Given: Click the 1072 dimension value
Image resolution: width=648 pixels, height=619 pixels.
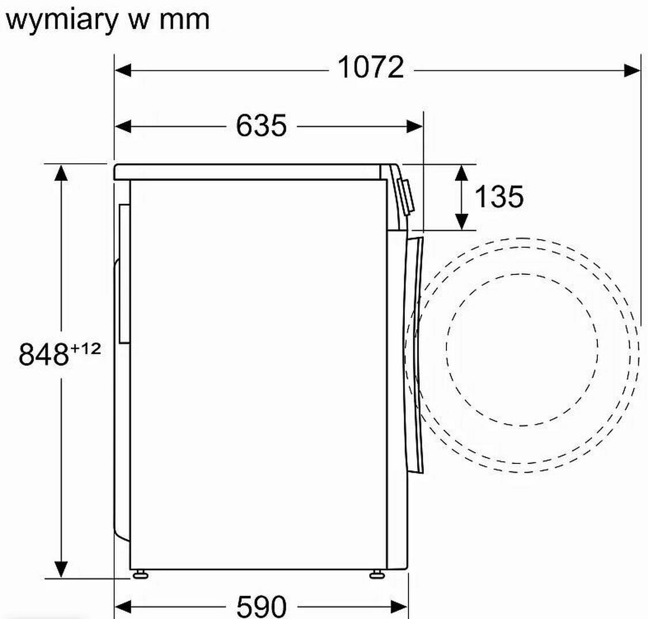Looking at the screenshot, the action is click(x=371, y=67).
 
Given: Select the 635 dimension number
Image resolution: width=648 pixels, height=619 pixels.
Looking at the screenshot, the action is click(x=261, y=126).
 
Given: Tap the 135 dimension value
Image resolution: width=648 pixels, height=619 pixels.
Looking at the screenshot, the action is click(x=499, y=196).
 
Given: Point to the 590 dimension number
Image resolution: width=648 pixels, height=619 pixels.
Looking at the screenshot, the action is click(x=261, y=606).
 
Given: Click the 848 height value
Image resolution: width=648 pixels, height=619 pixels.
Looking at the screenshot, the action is click(x=43, y=354).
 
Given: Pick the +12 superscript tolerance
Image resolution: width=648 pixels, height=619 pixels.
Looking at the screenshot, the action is click(x=86, y=349).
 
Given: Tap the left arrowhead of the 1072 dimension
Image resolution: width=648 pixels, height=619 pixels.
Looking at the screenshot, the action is click(x=123, y=70).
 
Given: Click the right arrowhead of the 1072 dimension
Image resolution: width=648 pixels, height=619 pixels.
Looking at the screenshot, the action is click(x=632, y=70).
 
